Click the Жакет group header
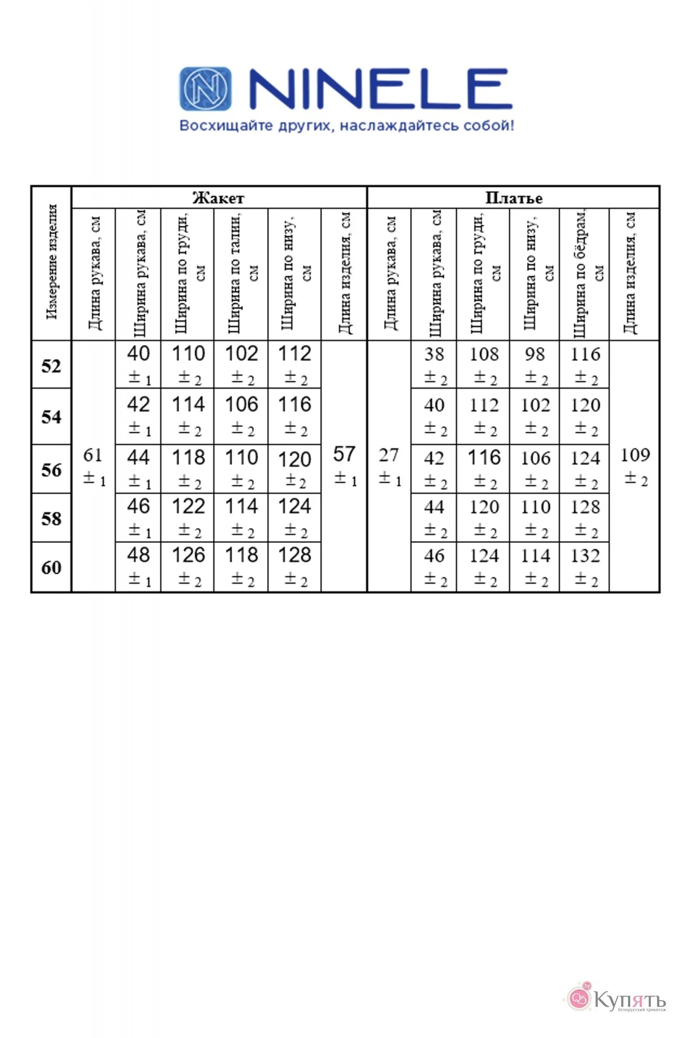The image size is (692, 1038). pos(218,198)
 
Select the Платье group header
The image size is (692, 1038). pos(513,198)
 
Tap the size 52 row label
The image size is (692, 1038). pos(51,366)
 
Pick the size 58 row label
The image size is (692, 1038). pos(51,518)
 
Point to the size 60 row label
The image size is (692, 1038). pos(51,567)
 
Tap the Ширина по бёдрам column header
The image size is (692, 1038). pos(585,274)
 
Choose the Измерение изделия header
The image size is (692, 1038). pos(51,262)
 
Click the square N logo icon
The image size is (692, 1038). pos(206,89)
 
